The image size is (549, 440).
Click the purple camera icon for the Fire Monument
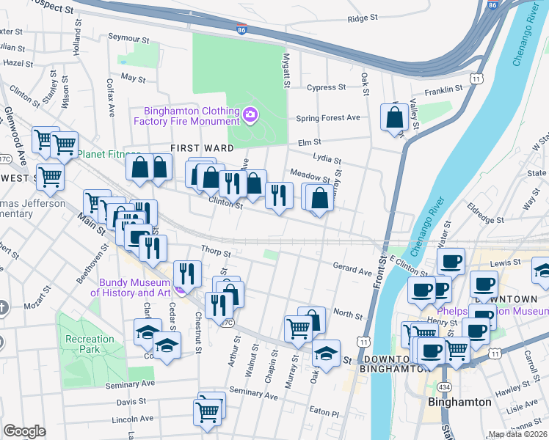click(x=250, y=114)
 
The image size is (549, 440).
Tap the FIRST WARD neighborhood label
click(x=196, y=148)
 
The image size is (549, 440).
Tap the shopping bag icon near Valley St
click(x=395, y=117)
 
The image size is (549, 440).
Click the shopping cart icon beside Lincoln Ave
click(x=208, y=412)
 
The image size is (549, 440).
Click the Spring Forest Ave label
click(x=328, y=118)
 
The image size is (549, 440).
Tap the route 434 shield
click(x=445, y=386)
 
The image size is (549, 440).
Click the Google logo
click(x=24, y=430)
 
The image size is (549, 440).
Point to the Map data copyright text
click(x=518, y=434)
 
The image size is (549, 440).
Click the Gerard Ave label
click(x=352, y=271)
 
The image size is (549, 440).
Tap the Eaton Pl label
click(x=324, y=414)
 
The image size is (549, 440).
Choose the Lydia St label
click(x=327, y=158)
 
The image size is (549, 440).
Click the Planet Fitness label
click(x=109, y=155)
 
